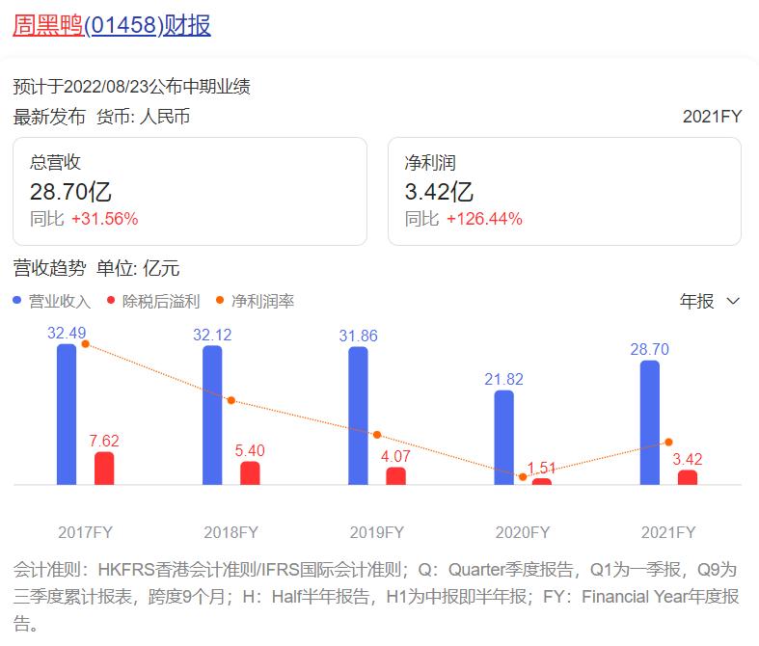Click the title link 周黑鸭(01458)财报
pos(112,25)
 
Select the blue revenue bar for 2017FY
pos(67,415)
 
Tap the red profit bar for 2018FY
pos(251,472)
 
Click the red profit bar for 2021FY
pos(688,476)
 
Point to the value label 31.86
pos(358,336)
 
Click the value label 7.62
pos(104,441)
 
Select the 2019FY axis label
pos(376,532)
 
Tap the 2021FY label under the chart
pos(668,532)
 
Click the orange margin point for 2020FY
pos(523,476)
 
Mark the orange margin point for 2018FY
pos(231,400)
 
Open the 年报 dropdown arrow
pos(733,301)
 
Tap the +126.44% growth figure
pos(484,219)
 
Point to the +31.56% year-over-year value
pos(104,219)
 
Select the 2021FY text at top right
pos(712,116)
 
